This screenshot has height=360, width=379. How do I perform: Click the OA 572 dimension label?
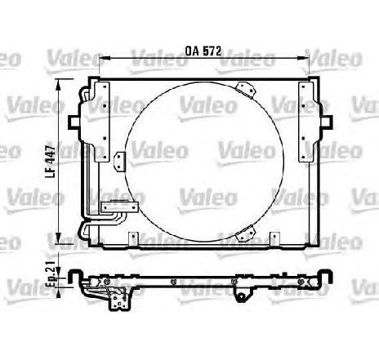[x=203, y=51]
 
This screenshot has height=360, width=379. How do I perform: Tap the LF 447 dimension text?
[x=51, y=162]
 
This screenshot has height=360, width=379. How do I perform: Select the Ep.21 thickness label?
[x=51, y=273]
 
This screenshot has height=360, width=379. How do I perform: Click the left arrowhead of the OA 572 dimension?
[x=104, y=58]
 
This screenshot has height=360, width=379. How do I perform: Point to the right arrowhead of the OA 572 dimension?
[x=305, y=58]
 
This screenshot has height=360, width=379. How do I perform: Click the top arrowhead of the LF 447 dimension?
[x=58, y=84]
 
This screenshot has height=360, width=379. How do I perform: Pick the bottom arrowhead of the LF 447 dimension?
[x=58, y=238]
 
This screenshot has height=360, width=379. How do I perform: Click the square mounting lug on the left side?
[x=74, y=122]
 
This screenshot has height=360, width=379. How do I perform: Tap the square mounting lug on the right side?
[x=327, y=122]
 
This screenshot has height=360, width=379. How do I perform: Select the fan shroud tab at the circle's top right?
[x=246, y=90]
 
